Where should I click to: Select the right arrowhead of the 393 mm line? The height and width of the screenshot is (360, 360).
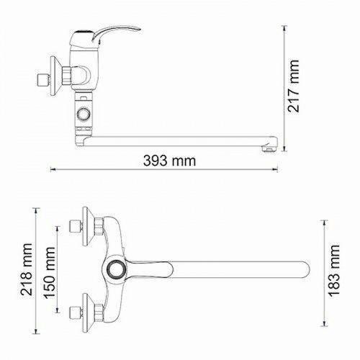click(x=278, y=170)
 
